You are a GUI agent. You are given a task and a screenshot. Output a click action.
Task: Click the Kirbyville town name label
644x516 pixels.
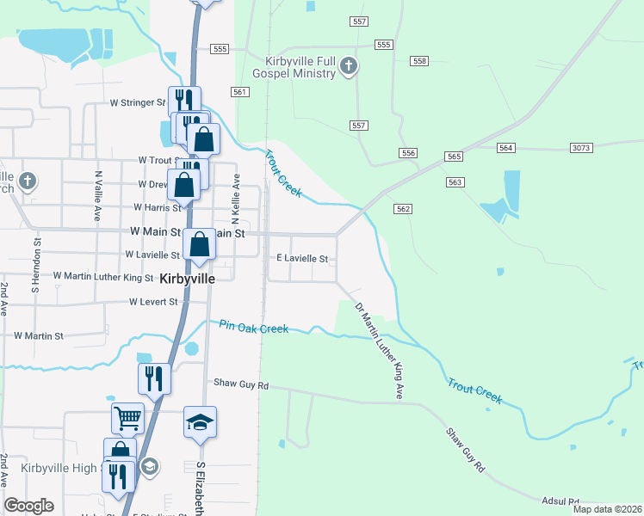coord(187,278)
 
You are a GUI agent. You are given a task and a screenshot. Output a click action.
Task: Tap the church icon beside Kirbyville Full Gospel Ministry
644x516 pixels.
coord(348,66)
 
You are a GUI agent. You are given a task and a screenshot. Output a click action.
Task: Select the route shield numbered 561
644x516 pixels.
coord(240,92)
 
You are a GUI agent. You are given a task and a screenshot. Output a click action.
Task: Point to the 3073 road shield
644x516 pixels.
coord(581,148)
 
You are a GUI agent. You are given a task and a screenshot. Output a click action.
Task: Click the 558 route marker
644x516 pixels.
coord(419,61)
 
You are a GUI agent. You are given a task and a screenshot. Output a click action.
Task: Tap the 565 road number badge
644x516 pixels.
coord(455,157)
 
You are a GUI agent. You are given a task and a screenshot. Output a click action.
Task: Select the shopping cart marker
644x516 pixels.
coord(127,418)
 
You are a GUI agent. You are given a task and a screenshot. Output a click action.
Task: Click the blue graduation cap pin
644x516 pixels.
coord(200,421)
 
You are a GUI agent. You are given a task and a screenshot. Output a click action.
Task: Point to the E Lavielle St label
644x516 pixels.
coord(301,258)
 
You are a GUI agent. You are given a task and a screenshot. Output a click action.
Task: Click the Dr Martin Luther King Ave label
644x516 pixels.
coord(379,350)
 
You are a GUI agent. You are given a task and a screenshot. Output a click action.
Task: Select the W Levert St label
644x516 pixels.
coord(152,302)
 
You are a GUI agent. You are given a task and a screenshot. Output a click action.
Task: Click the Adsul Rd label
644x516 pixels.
coord(560,501)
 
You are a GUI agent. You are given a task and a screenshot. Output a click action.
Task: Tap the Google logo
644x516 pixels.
coord(28,506)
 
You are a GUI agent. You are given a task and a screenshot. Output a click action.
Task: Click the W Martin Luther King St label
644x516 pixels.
coord(102,277)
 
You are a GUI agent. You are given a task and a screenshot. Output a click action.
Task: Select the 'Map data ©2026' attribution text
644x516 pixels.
coord(606,509)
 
